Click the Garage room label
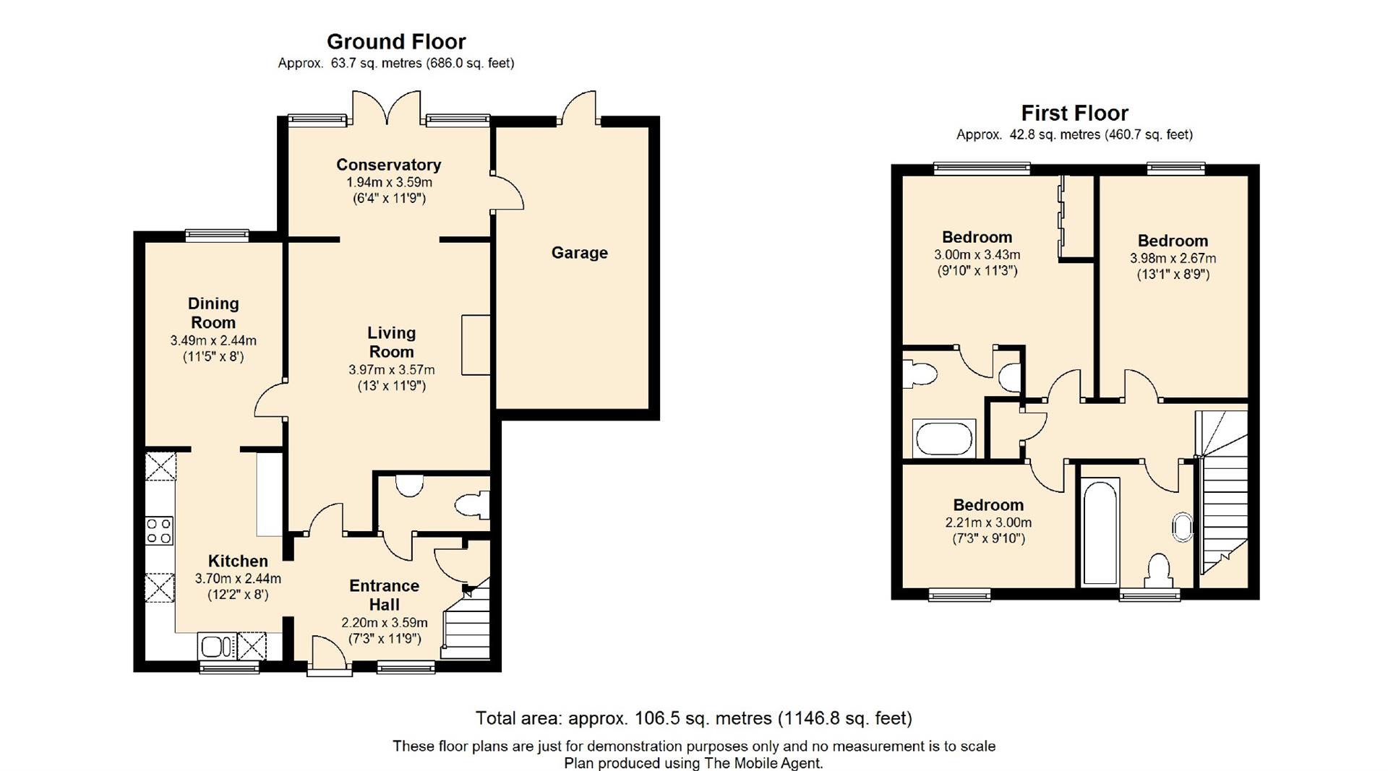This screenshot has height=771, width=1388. click(579, 253)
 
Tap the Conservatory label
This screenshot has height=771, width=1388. click(388, 165)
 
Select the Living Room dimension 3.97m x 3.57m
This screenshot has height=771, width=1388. click(392, 369)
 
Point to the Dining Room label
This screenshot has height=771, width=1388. click(213, 313)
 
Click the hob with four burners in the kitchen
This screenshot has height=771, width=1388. click(160, 530)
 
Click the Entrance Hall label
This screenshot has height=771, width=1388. click(385, 595)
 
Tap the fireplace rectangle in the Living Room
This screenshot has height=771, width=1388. click(476, 345)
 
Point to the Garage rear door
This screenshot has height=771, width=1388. click(580, 107)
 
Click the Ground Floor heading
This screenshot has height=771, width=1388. click(396, 41)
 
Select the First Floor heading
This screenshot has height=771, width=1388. click(1074, 113)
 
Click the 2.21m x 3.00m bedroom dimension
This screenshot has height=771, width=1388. click(988, 522)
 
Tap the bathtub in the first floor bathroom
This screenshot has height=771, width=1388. click(1100, 530)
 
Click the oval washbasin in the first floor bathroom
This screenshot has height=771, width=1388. click(1183, 527)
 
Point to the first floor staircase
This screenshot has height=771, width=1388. click(1222, 499)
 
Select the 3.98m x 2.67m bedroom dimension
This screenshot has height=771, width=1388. click(1173, 258)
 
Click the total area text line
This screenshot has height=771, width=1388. click(694, 718)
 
